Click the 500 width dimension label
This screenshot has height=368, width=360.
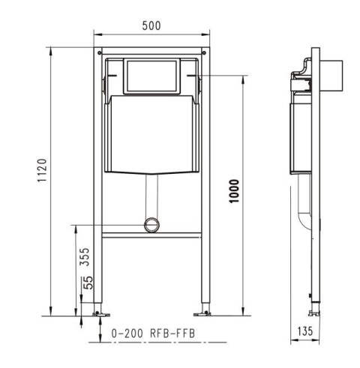[152, 25]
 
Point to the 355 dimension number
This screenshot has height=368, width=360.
[85, 257]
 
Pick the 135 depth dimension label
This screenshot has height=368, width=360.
[305, 331]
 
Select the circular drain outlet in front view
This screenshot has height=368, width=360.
[152, 223]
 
